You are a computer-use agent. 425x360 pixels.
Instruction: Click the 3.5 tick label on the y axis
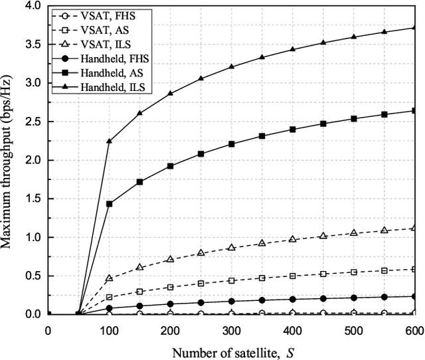pos(32,44)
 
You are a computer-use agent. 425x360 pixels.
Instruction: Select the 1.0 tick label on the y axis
pos(32,237)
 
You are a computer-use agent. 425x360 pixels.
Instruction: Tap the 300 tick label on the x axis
pos(231,330)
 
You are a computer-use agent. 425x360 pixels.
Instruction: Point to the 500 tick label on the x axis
pos(353,330)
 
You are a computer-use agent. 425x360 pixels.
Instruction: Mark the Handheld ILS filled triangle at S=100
pos(109,141)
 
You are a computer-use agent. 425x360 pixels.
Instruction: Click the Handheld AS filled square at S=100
pos(109,204)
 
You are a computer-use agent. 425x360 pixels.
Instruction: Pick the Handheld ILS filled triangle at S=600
pos(414,27)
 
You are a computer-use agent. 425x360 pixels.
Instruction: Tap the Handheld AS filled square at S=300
pos(231,144)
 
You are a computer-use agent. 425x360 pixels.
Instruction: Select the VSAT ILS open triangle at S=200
pos(170,259)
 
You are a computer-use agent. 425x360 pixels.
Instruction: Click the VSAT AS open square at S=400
pos(292,276)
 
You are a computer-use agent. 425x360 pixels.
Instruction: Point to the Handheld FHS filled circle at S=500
pos(353,298)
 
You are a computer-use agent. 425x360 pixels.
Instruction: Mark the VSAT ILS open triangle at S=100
pos(109,278)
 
